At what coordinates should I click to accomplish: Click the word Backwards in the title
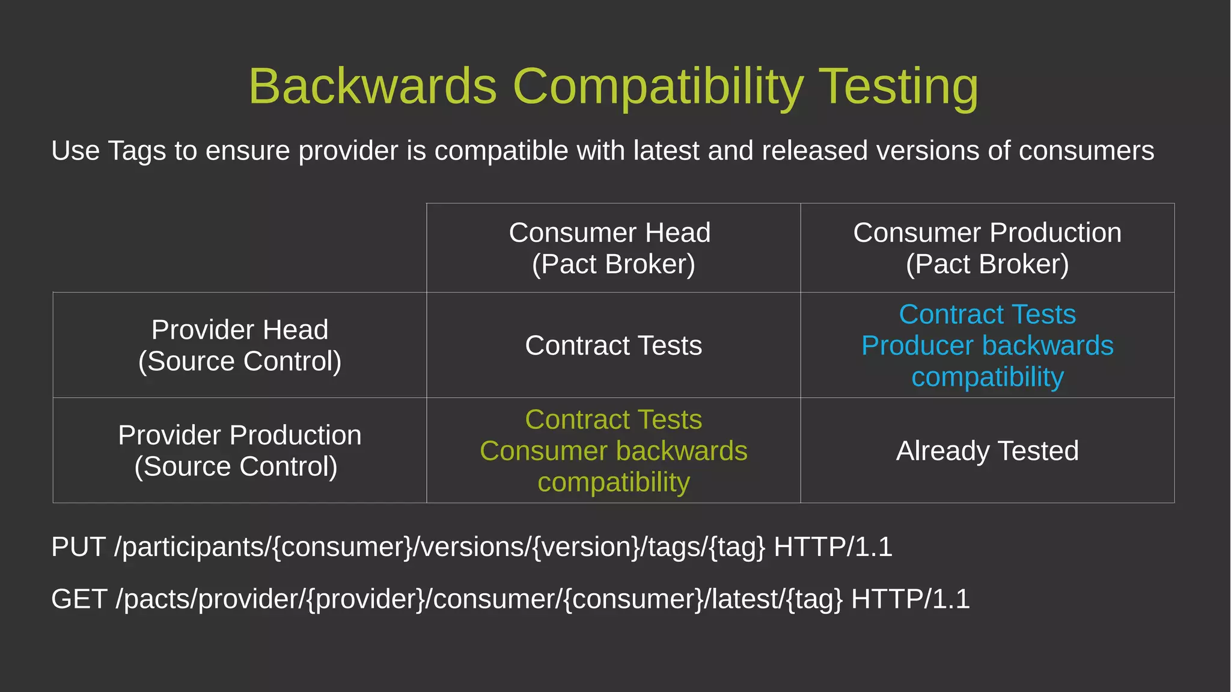[373, 86]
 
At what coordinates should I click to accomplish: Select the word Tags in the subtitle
[136, 150]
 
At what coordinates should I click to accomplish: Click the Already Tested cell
[987, 451]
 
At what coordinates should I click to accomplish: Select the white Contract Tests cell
[613, 345]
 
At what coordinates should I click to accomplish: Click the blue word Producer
[916, 345]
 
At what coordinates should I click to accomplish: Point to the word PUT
[78, 547]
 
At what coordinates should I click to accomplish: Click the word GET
[79, 599]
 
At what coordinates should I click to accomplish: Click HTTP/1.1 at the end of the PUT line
[832, 547]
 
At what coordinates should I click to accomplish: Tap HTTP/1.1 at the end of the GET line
[910, 599]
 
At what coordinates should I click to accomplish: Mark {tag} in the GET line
[814, 599]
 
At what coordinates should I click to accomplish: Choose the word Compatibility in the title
[658, 86]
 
